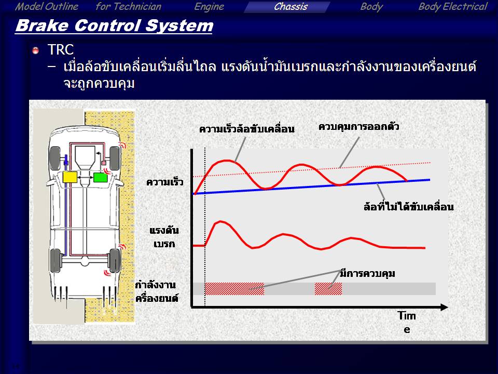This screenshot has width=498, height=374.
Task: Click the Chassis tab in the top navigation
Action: point(290,7)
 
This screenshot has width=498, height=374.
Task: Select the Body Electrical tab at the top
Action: point(452,7)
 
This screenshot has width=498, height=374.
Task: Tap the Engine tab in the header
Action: point(209,7)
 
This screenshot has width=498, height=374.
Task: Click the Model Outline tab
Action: point(46,7)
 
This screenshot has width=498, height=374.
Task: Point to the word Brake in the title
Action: point(41,25)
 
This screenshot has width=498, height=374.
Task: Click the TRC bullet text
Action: point(60,50)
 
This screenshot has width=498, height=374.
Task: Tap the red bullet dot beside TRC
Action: point(36,50)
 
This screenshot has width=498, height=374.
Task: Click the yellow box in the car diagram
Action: point(70,177)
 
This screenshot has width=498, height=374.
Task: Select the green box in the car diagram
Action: point(100,177)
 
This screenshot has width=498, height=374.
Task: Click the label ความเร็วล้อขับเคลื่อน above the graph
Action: point(247,129)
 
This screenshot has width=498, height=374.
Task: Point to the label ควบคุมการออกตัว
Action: point(358,127)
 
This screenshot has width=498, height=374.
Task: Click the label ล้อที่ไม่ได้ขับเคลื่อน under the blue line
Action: point(408,207)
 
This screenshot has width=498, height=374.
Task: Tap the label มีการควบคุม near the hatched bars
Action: point(367,273)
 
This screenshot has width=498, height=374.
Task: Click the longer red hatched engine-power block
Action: point(234,289)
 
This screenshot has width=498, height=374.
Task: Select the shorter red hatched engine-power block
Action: point(328,289)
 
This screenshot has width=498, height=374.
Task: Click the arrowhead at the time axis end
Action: point(445,307)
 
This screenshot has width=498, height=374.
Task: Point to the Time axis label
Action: point(407,322)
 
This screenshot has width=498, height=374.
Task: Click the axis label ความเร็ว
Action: point(165,182)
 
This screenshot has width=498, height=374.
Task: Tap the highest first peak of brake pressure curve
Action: point(220,221)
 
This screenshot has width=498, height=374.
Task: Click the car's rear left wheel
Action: point(56,261)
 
